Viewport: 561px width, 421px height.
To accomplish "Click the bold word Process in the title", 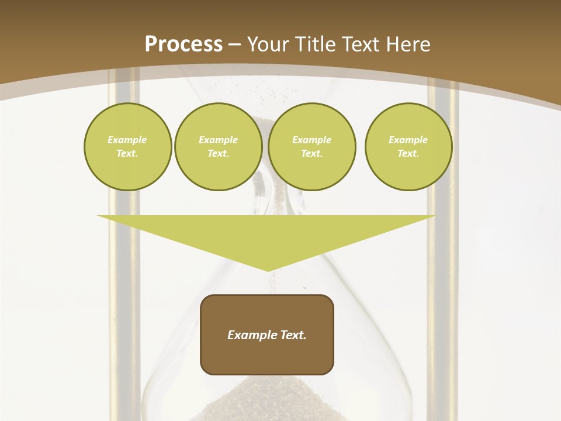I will click(183, 44).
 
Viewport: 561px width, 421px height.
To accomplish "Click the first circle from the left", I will click(127, 146).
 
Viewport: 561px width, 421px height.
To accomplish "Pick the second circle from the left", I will click(218, 146).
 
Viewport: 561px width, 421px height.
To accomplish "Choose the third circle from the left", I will click(311, 146).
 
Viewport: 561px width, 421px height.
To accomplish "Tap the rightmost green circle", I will click(408, 146).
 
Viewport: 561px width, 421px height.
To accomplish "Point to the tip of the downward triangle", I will click(268, 270).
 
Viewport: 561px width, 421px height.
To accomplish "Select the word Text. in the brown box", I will click(294, 335).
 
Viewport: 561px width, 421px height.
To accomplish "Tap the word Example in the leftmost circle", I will click(127, 140).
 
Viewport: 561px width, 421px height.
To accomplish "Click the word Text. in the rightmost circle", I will click(408, 153).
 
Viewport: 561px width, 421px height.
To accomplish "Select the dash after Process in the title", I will click(234, 44).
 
